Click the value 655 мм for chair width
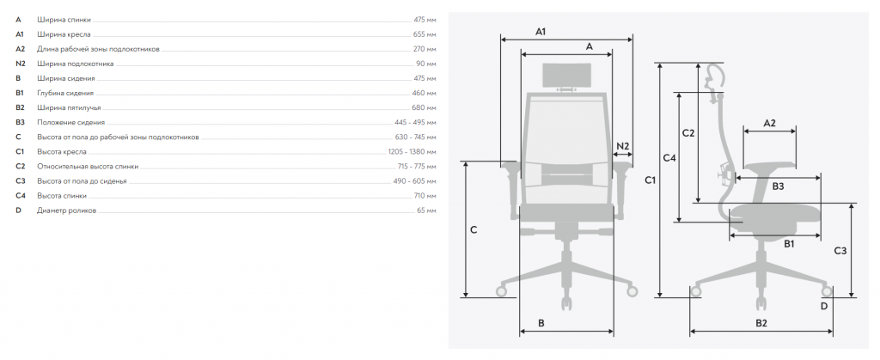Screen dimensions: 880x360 click(424, 34)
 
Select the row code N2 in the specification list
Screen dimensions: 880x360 click(21, 64)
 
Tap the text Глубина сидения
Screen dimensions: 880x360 click(65, 93)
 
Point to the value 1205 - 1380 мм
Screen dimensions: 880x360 click(412, 152)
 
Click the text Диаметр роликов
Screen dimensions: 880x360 click(67, 211)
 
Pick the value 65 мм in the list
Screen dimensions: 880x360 click(426, 211)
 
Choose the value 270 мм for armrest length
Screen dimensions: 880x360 click(425, 49)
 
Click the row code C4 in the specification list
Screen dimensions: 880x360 click(21, 196)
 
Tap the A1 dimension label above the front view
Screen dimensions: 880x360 click(541, 32)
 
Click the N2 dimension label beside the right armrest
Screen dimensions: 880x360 click(623, 147)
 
